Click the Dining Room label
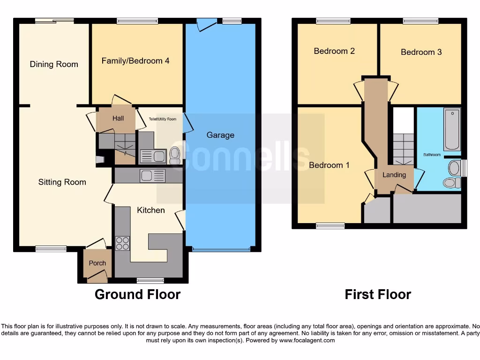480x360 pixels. pos(54,64)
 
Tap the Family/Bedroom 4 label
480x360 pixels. pos(135,61)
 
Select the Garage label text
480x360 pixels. pos(220,135)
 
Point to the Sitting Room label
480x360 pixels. pos(62,182)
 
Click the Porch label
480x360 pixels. pos(97,263)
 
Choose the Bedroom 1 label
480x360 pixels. pos(329,165)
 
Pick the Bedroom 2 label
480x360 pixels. pos(334,51)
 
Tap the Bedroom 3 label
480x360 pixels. pos(421,52)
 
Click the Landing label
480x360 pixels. pos(394,175)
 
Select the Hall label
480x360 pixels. pos(118,118)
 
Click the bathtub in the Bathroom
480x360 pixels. pos(452,129)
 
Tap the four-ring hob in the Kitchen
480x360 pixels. pos(123,243)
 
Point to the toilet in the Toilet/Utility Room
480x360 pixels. pos(175,155)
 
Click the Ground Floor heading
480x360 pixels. pos(137,294)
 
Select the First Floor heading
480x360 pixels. pos(378,294)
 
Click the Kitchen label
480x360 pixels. pos(151,210)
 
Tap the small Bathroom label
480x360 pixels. pos(432,154)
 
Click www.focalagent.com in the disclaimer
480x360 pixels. pos(307,340)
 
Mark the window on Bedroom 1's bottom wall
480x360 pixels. pos(330,225)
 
